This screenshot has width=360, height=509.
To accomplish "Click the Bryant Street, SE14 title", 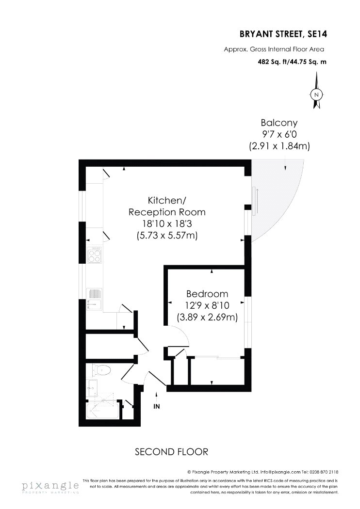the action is [283, 34].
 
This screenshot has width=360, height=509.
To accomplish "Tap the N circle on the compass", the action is [316, 95].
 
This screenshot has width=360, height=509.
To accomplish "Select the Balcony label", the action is [279, 123].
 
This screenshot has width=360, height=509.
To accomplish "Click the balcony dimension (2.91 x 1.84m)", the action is [279, 146].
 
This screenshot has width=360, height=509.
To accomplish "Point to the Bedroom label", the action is [207, 294].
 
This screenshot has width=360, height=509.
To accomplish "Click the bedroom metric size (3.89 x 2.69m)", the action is [207, 317].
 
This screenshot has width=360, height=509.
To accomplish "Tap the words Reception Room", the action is [167, 212].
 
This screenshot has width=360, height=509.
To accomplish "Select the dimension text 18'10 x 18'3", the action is [167, 223].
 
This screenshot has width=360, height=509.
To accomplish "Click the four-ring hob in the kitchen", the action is [95, 255].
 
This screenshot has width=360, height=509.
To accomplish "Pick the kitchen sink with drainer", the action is [94, 299].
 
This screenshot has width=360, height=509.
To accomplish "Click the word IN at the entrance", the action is [157, 406].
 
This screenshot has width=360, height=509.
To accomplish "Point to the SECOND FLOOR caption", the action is [172, 451].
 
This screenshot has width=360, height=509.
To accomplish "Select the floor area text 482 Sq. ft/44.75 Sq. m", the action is [292, 62].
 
